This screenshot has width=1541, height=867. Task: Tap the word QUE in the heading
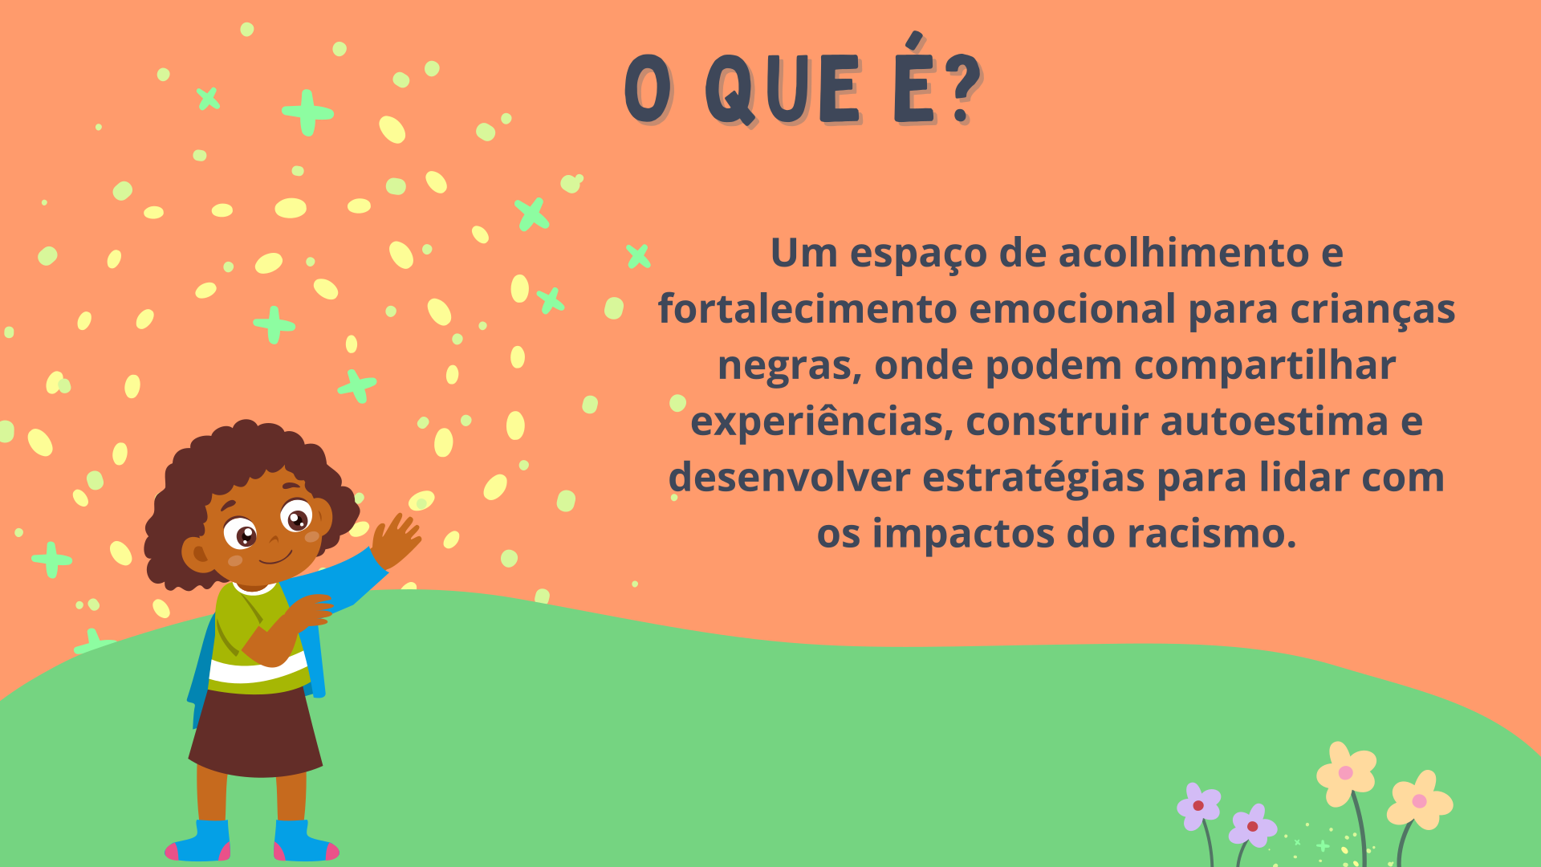pos(783,90)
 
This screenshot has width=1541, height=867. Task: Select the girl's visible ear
pos(196,554)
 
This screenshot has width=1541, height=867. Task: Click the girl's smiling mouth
pos(275,557)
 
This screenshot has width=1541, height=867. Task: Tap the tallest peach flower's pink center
pos(1346,773)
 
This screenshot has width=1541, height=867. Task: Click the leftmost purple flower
pos(1198,806)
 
